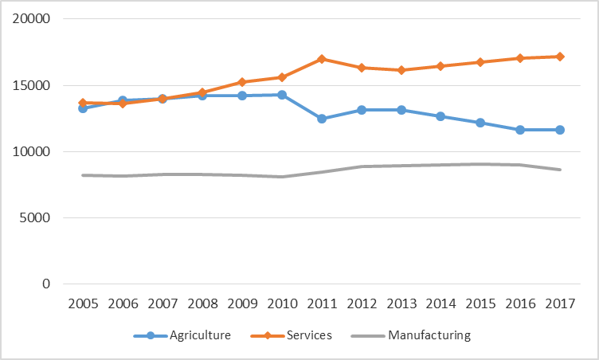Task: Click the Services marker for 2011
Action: [x=321, y=59]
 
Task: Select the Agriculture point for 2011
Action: [x=321, y=119]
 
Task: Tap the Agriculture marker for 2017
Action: [x=560, y=130]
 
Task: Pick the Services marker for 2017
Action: [x=560, y=57]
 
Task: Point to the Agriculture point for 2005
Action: [x=83, y=108]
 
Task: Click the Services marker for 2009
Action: [x=242, y=82]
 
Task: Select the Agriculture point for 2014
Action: [x=440, y=116]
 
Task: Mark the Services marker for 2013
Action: [x=401, y=70]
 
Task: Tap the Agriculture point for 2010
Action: [x=282, y=95]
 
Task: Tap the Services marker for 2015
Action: [x=480, y=62]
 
